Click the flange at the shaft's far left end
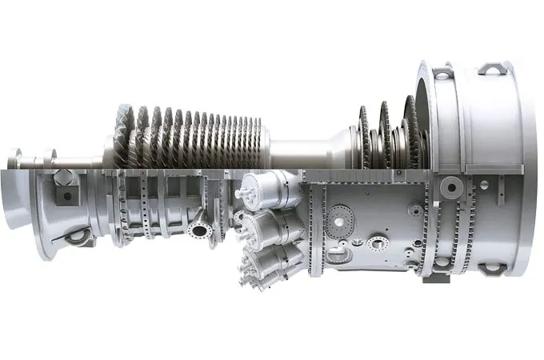(x=14, y=157)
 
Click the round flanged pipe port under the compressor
(x=199, y=230)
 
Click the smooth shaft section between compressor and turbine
(x=308, y=149)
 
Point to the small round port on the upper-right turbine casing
(x=415, y=210)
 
